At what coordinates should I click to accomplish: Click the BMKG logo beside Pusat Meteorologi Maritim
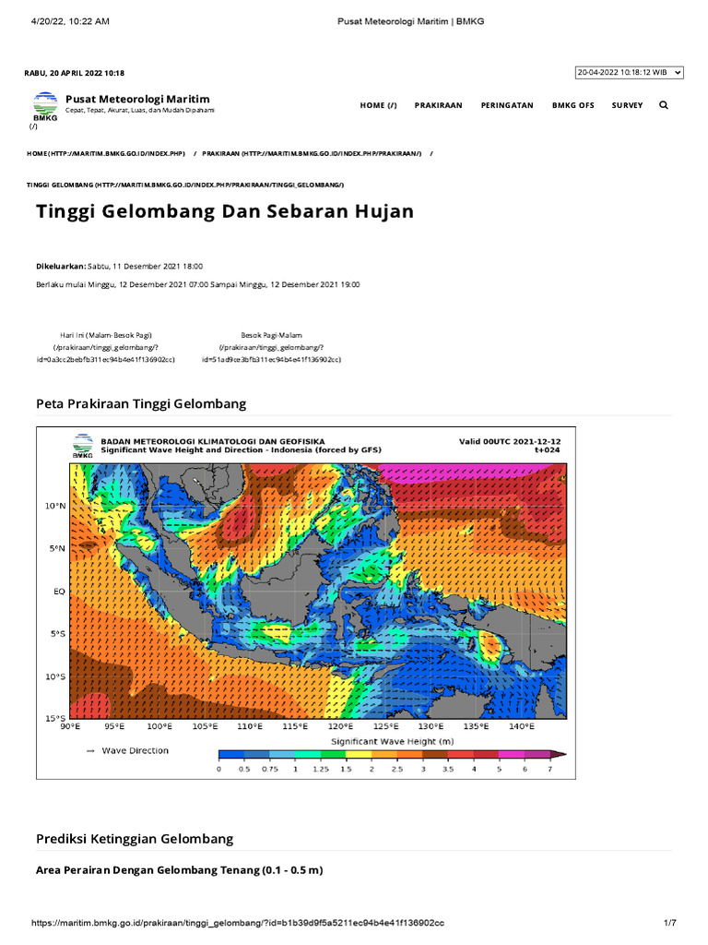pyautogui.click(x=44, y=105)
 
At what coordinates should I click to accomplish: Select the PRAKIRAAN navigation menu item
pyautogui.click(x=438, y=105)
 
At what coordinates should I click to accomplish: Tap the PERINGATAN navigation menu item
pyautogui.click(x=507, y=105)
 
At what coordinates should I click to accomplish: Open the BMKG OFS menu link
pyautogui.click(x=572, y=105)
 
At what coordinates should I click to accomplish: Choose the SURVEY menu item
pyautogui.click(x=627, y=105)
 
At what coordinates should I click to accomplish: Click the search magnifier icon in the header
pyautogui.click(x=664, y=105)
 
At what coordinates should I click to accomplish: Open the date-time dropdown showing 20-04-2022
pyautogui.click(x=629, y=72)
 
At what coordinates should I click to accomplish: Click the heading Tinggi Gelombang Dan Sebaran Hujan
pyautogui.click(x=225, y=211)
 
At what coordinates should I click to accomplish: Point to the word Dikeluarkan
pyautogui.click(x=60, y=266)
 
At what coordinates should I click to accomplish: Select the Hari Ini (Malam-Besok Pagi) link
pyautogui.click(x=106, y=335)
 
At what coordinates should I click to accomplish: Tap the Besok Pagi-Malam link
pyautogui.click(x=272, y=335)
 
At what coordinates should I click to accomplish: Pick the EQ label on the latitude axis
pyautogui.click(x=58, y=592)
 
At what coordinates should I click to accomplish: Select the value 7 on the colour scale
pyautogui.click(x=549, y=769)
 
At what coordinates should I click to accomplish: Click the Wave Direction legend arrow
pyautogui.click(x=89, y=751)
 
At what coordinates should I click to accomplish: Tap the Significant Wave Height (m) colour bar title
pyautogui.click(x=391, y=741)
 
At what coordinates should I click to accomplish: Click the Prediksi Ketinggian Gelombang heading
pyautogui.click(x=135, y=839)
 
